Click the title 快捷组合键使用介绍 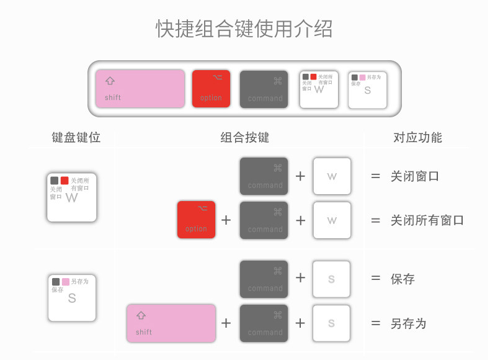244,29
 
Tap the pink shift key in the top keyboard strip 140,89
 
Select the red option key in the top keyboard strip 211,89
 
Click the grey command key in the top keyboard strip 264,89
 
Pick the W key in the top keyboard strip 318,89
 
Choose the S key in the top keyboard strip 367,89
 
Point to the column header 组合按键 244,138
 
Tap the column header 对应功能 417,138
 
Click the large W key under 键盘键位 72,197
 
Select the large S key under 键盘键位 72,297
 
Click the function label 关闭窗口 414,176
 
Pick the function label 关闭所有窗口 427,220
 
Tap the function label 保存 403,279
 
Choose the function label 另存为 408,323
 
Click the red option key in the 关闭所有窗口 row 196,220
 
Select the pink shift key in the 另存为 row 171,323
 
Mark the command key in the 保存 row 264,279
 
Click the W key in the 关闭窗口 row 332,176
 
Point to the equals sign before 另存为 375,323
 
